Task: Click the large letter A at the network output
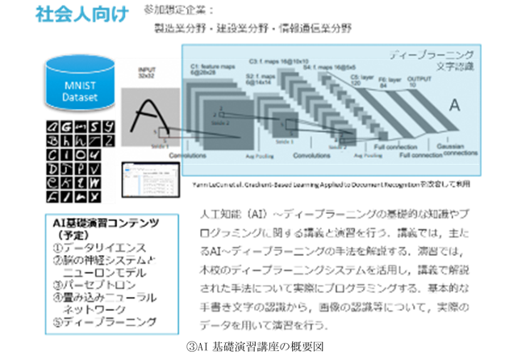click(455, 105)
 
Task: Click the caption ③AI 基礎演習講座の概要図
click(257, 348)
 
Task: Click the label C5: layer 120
click(360, 79)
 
